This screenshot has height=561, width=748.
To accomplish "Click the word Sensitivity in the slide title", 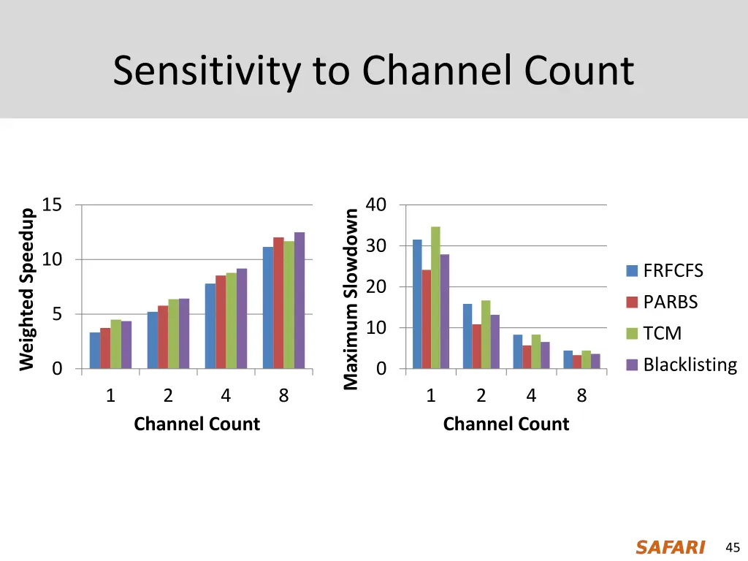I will tap(207, 72).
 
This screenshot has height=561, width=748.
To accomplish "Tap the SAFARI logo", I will tap(670, 547).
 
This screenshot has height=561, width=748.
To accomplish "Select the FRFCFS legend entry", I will tap(673, 271).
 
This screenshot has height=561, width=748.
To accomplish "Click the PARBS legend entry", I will tap(670, 302).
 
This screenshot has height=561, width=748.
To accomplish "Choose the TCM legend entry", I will tap(662, 334).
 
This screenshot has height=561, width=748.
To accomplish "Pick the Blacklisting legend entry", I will tap(690, 365).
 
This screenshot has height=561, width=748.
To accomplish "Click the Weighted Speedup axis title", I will tap(27, 289).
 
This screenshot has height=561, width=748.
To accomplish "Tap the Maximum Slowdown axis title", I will tap(351, 299).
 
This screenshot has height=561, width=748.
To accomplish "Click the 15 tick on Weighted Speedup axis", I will tap(52, 205).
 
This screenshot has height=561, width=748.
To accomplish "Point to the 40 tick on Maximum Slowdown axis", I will tap(375, 205).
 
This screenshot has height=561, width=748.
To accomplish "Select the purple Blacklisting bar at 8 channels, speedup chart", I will tap(299, 300).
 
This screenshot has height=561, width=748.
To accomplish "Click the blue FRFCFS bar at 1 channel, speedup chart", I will tap(95, 351).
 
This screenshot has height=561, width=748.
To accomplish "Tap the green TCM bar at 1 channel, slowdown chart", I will tap(435, 297).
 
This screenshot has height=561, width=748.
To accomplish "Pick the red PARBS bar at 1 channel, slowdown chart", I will tap(427, 319).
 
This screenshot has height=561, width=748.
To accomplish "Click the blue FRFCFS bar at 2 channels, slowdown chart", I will tap(467, 336).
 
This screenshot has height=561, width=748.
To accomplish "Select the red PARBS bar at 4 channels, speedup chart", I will tap(221, 322).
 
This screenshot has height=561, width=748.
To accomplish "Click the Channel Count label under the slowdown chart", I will tap(505, 424).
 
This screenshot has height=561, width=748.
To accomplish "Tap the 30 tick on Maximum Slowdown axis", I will tap(375, 246).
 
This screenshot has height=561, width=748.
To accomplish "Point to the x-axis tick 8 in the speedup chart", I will tap(283, 397).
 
